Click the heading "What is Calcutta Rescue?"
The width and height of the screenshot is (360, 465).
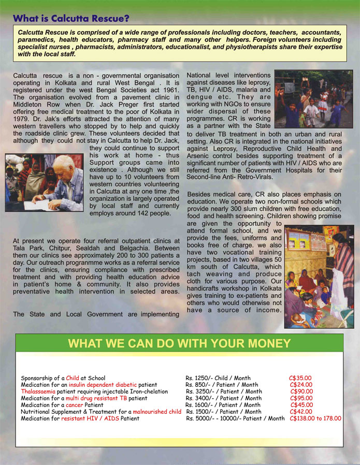click(x=71, y=18)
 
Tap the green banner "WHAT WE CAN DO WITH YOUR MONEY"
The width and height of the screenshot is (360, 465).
click(x=179, y=343)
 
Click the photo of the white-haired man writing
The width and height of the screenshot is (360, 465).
click(x=44, y=182)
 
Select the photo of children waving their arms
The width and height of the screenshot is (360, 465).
click(x=313, y=99)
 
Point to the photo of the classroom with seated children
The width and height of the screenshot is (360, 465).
click(x=319, y=276)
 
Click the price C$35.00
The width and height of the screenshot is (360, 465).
click(x=300, y=379)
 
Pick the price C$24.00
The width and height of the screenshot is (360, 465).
click(x=301, y=385)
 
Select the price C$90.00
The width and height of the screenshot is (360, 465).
click(x=301, y=392)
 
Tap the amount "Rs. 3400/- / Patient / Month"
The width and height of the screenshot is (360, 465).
click(x=224, y=399)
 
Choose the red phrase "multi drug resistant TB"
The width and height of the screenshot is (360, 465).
click(x=96, y=399)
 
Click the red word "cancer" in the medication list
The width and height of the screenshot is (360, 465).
click(x=75, y=405)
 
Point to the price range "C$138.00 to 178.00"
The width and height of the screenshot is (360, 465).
click(x=315, y=418)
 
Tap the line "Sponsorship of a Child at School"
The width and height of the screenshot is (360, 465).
click(x=63, y=379)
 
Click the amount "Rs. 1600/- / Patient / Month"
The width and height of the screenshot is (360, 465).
click(x=223, y=405)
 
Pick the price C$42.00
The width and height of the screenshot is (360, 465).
click(x=301, y=412)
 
